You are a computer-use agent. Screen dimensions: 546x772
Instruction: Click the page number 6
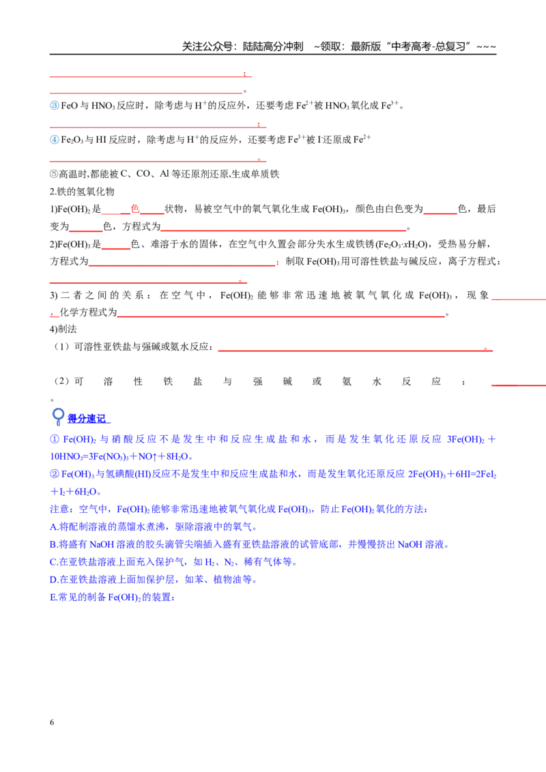52,722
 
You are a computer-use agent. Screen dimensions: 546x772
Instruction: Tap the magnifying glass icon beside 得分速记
58,417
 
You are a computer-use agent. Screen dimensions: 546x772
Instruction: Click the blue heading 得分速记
86,419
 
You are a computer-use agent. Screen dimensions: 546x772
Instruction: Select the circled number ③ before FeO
54,105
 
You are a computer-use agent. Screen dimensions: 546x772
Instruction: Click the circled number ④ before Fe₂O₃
54,140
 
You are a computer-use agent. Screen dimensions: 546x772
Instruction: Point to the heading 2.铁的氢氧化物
82,192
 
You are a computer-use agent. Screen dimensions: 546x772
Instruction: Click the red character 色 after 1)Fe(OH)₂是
134,209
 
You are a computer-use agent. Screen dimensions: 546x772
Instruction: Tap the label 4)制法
63,329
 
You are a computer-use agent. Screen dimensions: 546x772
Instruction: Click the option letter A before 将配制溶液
53,526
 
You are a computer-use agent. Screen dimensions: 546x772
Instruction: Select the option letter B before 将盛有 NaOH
53,544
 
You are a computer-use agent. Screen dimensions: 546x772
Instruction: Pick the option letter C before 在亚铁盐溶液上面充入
53,562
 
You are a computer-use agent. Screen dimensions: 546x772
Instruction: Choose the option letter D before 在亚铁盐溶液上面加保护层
53,580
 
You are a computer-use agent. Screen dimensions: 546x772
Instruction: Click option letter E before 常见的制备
53,597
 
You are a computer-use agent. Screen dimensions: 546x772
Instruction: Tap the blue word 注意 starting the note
59,509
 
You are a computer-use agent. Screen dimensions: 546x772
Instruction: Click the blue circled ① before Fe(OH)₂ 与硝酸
54,439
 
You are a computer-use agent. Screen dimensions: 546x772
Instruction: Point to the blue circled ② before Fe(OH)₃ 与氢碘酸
54,474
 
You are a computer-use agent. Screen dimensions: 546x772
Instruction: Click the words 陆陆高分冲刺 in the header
273,47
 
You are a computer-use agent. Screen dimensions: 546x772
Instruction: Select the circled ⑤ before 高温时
54,175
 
